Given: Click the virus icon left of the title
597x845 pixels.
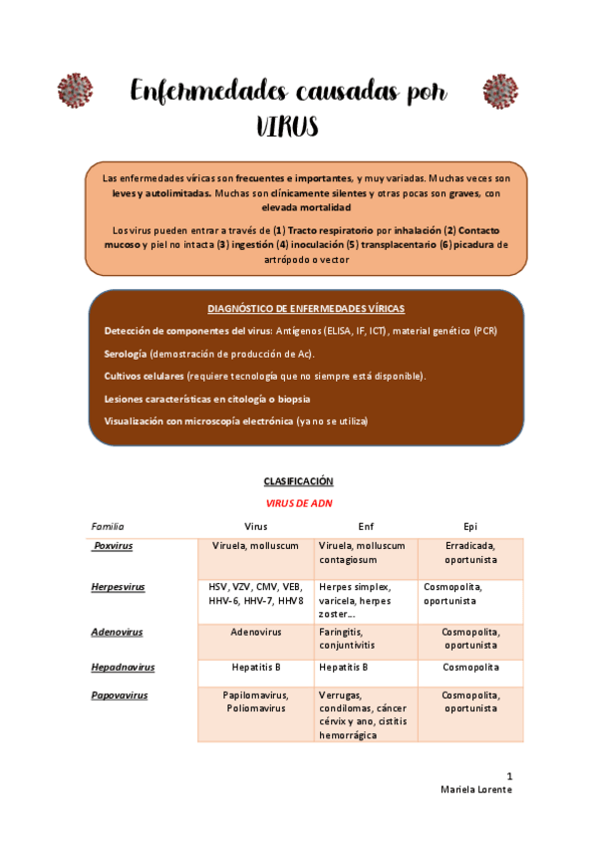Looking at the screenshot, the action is point(75,91).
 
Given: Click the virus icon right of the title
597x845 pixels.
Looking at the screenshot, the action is point(499,91).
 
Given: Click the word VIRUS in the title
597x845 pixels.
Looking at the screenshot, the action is point(287,127).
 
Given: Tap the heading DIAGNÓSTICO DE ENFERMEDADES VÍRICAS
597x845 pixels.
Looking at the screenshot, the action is point(306,309).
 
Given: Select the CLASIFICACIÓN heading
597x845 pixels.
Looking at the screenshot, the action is point(298,480).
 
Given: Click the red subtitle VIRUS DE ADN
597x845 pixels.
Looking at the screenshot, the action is point(298,503).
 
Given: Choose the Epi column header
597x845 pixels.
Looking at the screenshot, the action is point(470,525).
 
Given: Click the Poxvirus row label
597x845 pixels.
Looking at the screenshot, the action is point(112,546).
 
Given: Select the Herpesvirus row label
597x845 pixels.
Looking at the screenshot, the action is point(118,587).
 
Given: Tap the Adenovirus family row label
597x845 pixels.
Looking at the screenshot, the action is point(117,632).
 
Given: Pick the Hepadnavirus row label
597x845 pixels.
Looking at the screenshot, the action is point(123,667).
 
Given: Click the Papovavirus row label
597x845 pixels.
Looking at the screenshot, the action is point(119,696).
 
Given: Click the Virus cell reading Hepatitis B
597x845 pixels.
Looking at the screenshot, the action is point(255,668).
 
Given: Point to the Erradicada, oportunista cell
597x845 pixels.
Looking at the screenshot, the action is point(470,552).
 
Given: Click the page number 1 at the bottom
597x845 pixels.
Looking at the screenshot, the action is point(509,775).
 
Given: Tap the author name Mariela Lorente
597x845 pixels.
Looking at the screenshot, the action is point(476,789).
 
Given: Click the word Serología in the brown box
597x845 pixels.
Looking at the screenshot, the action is point(126,354).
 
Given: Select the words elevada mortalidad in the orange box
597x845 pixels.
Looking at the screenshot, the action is point(306,207).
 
